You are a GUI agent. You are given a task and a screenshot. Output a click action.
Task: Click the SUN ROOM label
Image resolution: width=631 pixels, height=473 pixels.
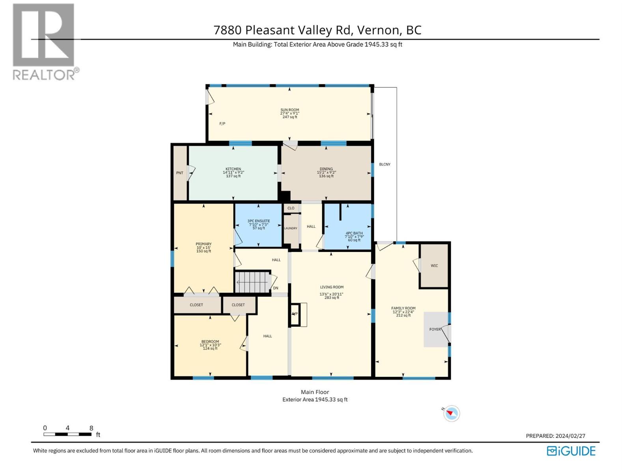coord(289,110)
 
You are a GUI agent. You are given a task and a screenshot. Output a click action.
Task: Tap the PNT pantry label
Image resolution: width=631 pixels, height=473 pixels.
coord(179,173)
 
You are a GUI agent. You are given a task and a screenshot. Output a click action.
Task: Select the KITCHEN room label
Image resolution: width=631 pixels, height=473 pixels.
coord(233,169)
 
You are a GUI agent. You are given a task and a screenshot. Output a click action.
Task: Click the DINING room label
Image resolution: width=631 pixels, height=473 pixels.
coord(326,169)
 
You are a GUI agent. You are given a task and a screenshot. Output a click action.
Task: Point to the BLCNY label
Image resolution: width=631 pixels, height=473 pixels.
coord(385,164)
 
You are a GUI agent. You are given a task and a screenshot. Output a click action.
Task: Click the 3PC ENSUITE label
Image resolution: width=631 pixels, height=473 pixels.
coord(259,221)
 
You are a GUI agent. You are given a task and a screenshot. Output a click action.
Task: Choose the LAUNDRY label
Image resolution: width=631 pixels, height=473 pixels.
coord(291,228)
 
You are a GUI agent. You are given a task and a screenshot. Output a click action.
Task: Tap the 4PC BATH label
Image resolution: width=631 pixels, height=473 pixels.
coord(354,233)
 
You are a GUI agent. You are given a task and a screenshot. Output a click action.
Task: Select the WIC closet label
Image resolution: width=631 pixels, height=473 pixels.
coord(434,266)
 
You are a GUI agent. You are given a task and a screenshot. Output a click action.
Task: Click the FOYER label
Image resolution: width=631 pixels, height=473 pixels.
coord(435,329)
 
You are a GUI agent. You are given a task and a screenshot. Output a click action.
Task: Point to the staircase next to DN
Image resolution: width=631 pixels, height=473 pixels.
coord(252,282)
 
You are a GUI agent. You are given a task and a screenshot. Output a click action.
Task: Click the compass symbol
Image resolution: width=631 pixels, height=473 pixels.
coord(451,413)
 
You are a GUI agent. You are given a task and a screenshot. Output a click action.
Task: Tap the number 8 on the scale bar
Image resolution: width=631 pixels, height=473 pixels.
coord(91,428)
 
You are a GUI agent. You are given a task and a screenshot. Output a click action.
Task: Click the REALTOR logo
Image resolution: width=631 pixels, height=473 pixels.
coord(44,41)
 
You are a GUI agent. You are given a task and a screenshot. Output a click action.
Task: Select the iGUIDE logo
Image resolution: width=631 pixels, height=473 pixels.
coord(571,451)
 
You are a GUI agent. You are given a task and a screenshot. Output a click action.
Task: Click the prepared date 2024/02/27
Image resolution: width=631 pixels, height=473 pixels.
coord(570,436)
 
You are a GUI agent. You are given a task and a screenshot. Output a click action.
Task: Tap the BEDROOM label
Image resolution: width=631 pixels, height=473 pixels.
coord(210,342)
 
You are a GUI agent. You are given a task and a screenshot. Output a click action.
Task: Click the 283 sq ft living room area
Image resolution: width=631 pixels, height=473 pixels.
coord(332,298)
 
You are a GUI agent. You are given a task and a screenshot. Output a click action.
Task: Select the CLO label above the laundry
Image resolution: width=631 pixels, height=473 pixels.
coord(291,208)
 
